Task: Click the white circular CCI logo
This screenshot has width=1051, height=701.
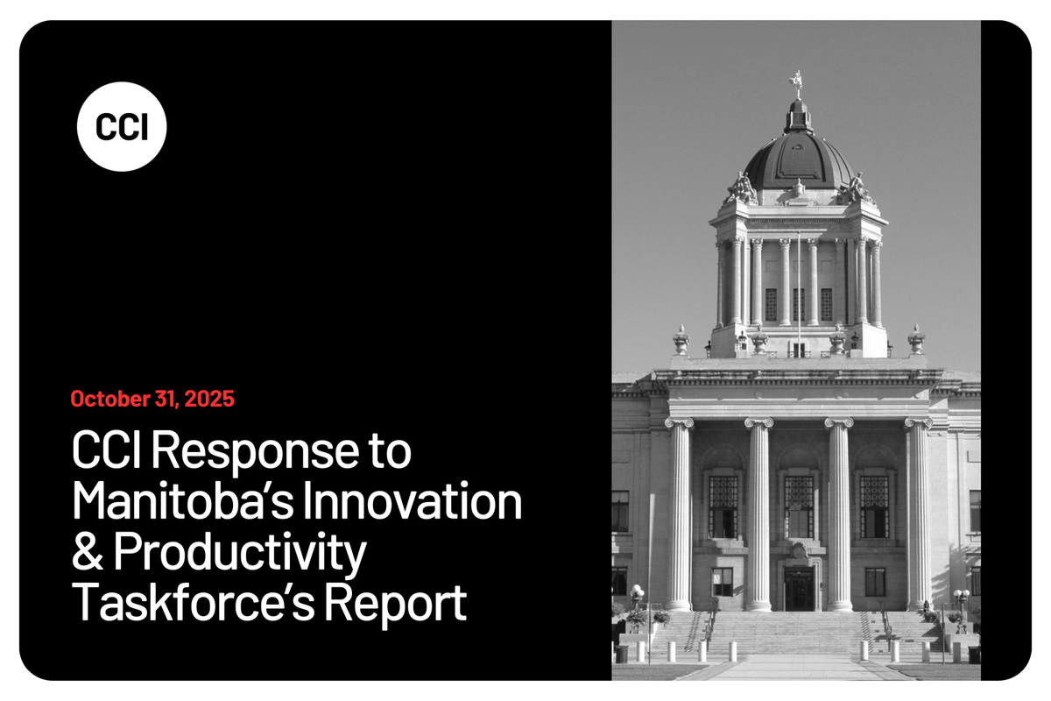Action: (x=121, y=126)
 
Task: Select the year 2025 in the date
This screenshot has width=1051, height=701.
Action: (x=210, y=400)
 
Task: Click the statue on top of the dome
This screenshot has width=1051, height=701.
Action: (x=796, y=83)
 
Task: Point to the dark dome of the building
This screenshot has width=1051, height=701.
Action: (x=797, y=158)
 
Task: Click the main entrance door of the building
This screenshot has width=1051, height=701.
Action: (x=799, y=588)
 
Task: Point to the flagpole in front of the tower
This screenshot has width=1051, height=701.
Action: (x=798, y=289)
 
